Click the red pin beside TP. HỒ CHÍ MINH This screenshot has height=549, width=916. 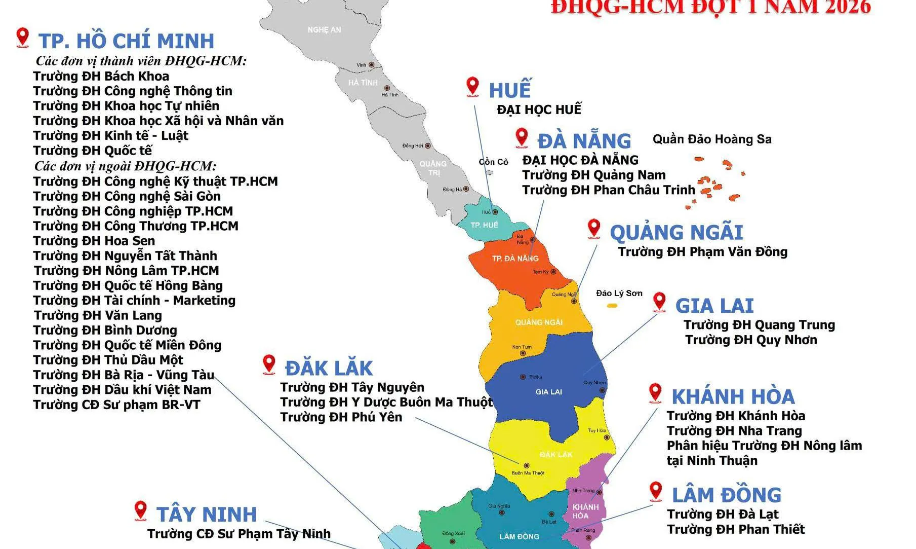point(22,37)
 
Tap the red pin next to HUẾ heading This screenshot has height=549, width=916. point(472,86)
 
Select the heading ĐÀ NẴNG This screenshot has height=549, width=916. point(584,141)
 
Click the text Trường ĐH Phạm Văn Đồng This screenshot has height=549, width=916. point(702,252)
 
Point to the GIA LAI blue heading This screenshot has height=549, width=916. point(714,306)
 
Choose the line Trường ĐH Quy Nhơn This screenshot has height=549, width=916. point(751,340)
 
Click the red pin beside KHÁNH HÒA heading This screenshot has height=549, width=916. point(655,393)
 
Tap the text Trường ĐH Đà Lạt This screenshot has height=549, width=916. point(723,515)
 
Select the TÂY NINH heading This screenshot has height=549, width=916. point(207,515)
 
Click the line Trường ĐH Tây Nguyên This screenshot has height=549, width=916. point(352,388)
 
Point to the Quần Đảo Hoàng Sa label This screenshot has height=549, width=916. point(711,139)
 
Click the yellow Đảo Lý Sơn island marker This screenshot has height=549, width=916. point(612,306)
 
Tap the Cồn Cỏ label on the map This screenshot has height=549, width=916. point(493,162)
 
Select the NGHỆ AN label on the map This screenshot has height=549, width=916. point(324,30)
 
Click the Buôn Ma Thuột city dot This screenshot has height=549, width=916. point(527,465)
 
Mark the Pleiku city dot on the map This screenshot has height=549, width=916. point(523,377)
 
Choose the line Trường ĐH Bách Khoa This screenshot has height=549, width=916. point(101,77)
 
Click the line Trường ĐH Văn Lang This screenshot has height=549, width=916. point(98,315)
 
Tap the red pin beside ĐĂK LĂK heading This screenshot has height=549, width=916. point(269,364)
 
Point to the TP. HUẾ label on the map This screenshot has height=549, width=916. point(484,225)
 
